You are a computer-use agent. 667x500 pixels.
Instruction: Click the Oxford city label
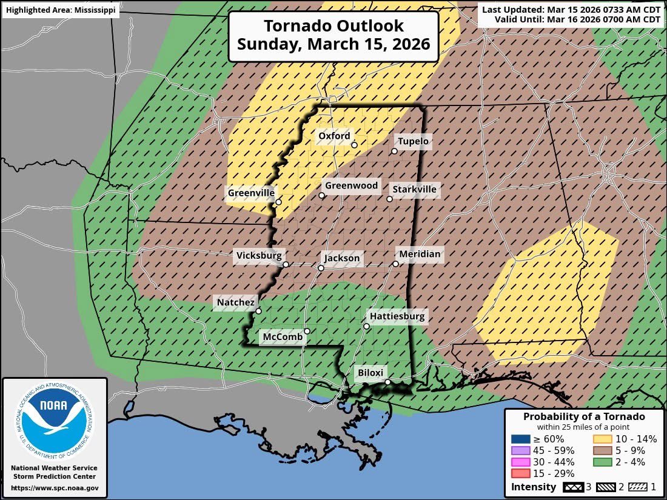[334, 136]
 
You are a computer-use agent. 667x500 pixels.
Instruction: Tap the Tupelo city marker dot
[394, 151]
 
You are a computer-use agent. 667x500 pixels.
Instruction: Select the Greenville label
[251, 193]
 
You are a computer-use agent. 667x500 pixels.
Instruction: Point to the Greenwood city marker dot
[322, 195]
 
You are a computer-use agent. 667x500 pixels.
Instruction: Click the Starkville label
[414, 189]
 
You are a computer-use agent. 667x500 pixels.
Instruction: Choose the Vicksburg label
[258, 255]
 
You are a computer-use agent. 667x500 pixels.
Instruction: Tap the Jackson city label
[342, 258]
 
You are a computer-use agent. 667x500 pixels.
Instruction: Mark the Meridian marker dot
[395, 264]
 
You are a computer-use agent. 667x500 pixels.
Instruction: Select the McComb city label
[282, 337]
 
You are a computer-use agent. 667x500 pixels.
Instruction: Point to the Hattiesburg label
[397, 316]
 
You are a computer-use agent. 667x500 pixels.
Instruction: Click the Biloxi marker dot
[388, 382]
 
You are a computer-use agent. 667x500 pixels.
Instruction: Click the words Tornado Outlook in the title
[333, 26]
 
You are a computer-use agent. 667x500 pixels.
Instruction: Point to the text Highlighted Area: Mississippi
[60, 10]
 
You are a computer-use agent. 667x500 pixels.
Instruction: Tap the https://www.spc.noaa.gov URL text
[55, 488]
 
